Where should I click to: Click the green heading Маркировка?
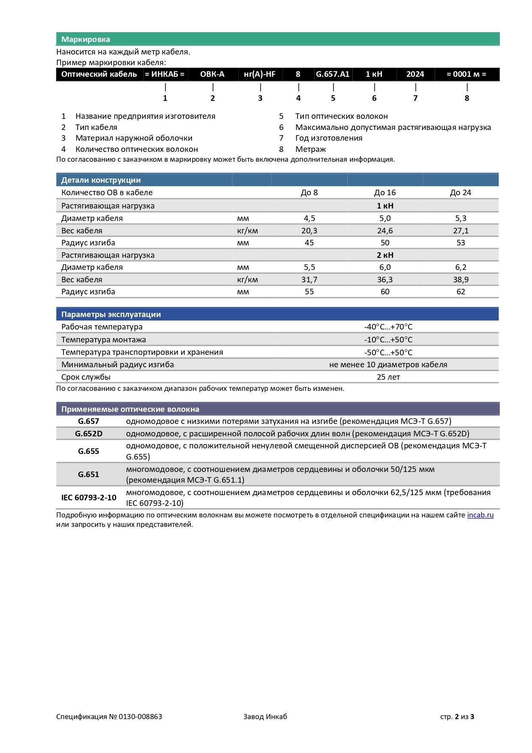coord(85,39)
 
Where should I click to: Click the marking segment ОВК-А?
coord(212,74)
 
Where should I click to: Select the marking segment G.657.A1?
coord(333,74)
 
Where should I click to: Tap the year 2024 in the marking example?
coord(415,74)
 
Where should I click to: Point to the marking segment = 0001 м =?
coord(466,74)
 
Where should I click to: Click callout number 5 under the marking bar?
coord(333,98)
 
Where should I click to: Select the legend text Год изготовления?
coord(328,138)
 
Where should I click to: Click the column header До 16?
coord(385,193)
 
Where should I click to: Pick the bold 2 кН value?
coord(385,255)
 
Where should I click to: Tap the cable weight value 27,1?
coord(461,231)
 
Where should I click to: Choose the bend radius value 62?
coord(461,292)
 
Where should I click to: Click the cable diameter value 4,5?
coord(309,218)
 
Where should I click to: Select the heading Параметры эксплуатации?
coord(111,315)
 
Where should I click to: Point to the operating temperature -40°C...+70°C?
coord(388,327)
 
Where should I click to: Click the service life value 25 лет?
coord(388,377)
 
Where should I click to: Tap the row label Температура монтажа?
coord(103,340)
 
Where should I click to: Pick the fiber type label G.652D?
coord(89,434)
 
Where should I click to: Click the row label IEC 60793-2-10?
coord(89,498)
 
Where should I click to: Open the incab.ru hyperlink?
coord(480,515)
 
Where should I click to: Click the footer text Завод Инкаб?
coord(265,717)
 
